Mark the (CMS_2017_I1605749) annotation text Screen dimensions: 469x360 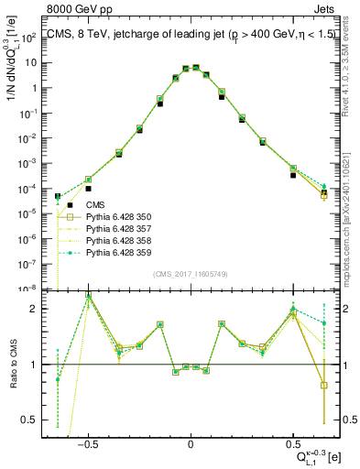[x=191, y=273]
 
